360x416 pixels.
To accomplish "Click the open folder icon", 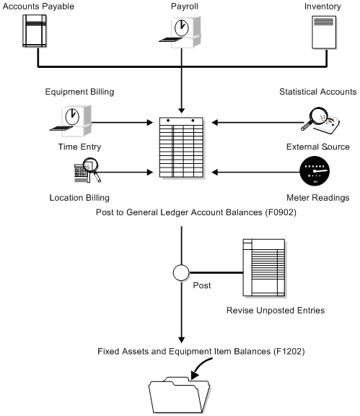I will tap(180, 394).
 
